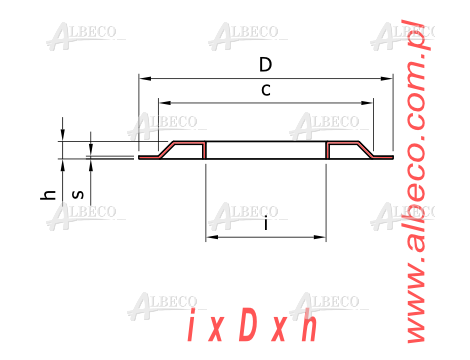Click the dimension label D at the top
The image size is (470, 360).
coord(266,65)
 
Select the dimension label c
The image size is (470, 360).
coord(266,90)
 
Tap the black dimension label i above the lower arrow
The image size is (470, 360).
coord(266,223)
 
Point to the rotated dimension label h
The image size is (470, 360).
coord(48,195)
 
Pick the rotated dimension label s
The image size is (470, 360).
coord(78,194)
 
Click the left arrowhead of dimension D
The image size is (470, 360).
coord(145,79)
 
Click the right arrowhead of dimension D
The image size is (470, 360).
coord(387,79)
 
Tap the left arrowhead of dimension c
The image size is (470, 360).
coord(165,103)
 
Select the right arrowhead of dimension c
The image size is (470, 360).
coord(367,103)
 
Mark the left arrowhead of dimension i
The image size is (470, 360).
coord(212,237)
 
